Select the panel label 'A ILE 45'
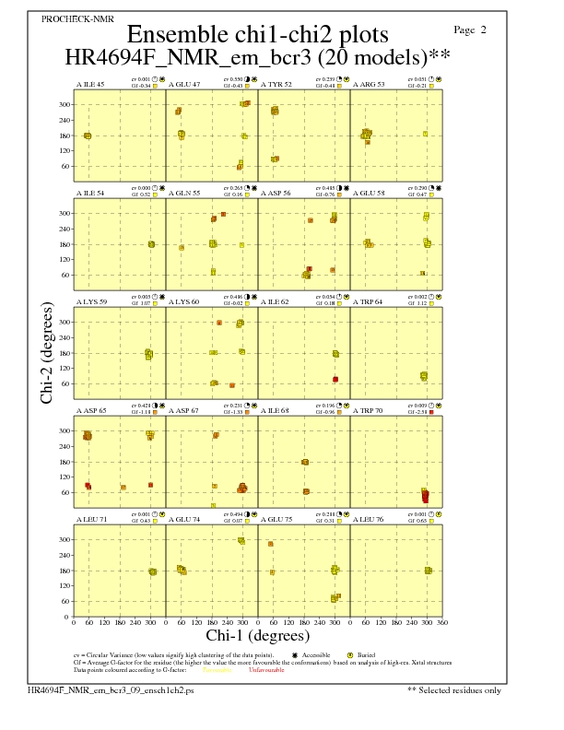point(90,85)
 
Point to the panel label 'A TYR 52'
point(276,85)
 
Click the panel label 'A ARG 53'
point(369,85)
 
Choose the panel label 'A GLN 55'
point(184,194)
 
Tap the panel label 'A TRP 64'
point(369,302)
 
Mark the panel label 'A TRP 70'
point(369,411)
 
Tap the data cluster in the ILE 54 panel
point(151,244)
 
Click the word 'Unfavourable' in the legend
point(266,670)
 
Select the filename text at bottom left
point(86,689)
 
